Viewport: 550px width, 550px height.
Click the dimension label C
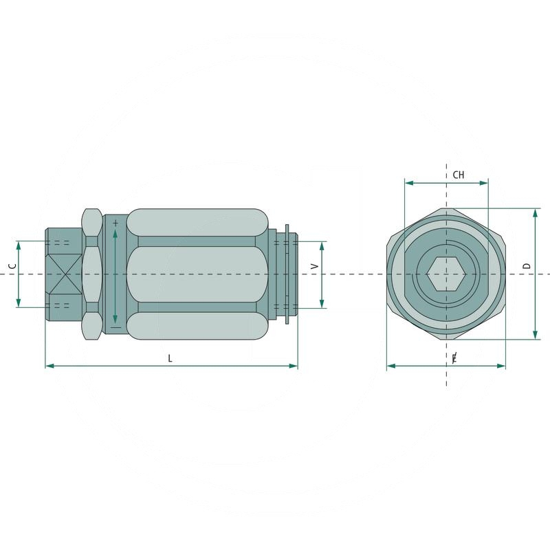[12, 266]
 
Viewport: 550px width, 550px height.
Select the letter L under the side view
[170, 357]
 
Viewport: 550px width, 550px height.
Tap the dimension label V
[314, 266]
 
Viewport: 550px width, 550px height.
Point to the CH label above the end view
[458, 175]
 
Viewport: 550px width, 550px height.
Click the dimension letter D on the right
[527, 265]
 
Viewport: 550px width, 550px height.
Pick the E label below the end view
[454, 358]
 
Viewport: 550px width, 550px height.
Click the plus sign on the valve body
[115, 223]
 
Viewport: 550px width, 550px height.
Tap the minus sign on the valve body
[115, 327]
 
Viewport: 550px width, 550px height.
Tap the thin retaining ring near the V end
[287, 274]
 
